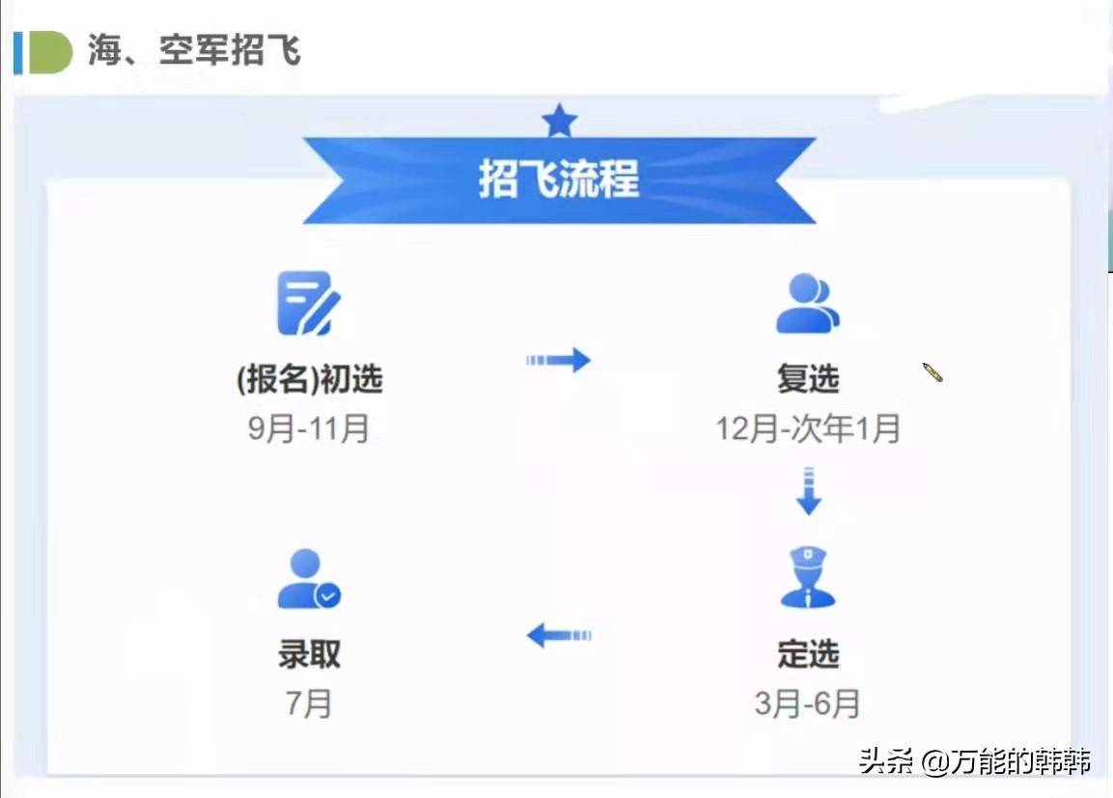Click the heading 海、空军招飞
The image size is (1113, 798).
tap(194, 49)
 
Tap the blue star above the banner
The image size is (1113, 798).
tap(559, 122)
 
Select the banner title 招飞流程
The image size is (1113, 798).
tap(559, 179)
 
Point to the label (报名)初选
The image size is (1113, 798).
tap(309, 379)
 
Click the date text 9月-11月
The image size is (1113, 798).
tap(309, 427)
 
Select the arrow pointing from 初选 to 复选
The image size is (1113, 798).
tap(558, 360)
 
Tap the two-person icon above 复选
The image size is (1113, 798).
tap(807, 303)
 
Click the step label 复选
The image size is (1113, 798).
tap(808, 379)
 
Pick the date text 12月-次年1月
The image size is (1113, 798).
tap(808, 427)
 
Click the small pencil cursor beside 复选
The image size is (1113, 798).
tap(932, 372)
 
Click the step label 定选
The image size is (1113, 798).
tap(808, 654)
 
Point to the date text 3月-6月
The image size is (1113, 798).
tap(808, 702)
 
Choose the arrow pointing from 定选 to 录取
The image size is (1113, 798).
tap(558, 635)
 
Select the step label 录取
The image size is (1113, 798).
tap(309, 654)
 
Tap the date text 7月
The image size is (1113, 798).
tap(309, 702)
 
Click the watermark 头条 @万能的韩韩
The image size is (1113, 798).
tap(975, 761)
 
